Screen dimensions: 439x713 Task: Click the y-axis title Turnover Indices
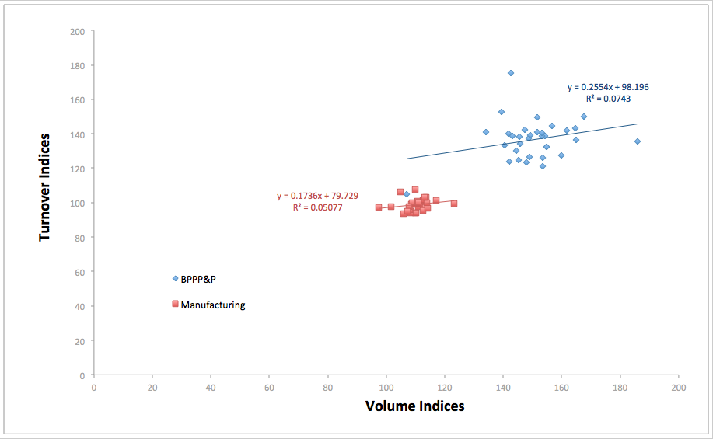[45, 186]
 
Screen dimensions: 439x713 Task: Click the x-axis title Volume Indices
[414, 406]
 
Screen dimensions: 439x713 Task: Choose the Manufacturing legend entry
[212, 305]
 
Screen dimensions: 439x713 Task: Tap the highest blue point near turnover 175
[511, 73]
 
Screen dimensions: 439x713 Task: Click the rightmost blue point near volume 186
[637, 141]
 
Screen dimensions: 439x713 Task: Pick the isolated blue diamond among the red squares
[406, 194]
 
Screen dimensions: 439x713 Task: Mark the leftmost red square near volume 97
[379, 207]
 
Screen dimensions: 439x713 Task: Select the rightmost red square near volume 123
[454, 204]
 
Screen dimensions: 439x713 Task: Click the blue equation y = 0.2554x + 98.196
[608, 87]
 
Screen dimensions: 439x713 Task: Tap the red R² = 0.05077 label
[318, 207]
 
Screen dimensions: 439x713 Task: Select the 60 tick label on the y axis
[79, 272]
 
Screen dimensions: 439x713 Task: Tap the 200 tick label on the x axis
[679, 386]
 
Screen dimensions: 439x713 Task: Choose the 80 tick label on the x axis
[327, 386]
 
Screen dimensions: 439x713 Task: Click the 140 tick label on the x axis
[503, 386]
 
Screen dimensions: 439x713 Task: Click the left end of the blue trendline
[407, 159]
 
